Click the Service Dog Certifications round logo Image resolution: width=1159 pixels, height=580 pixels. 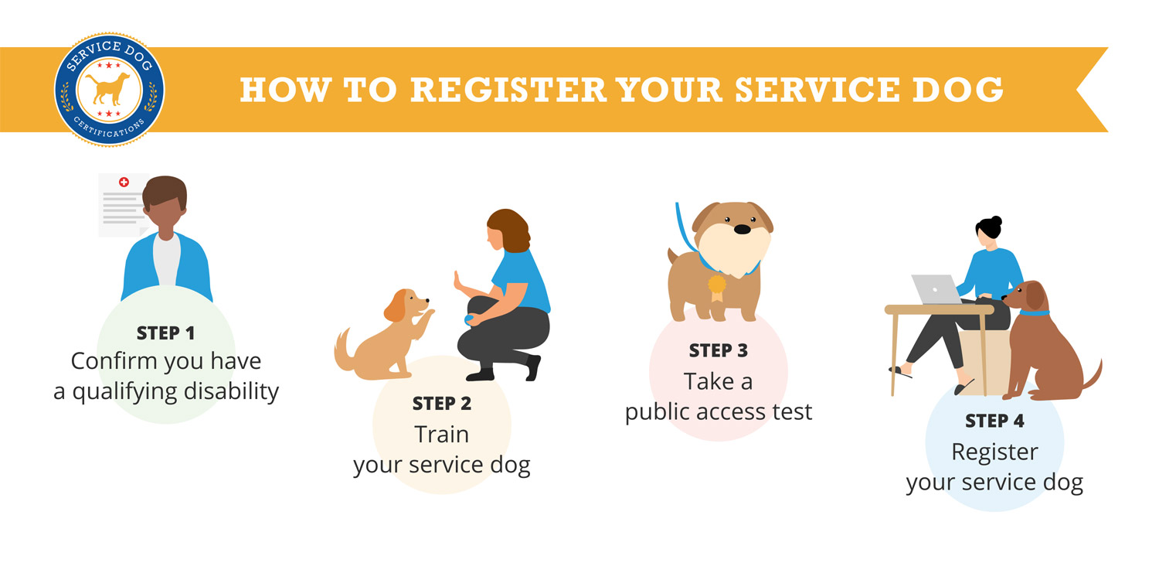[x=109, y=90]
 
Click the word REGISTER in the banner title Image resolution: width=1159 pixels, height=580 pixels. [x=508, y=90]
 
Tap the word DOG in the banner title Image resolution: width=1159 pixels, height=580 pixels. [x=957, y=90]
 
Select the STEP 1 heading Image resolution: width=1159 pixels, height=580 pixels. [x=165, y=333]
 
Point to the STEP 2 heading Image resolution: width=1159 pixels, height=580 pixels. [x=442, y=404]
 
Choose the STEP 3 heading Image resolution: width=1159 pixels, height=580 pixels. [x=718, y=350]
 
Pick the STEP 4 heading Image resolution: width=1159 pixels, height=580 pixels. [x=994, y=421]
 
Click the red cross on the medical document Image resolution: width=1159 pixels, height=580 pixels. [x=124, y=182]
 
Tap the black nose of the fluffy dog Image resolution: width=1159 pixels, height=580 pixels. [x=742, y=229]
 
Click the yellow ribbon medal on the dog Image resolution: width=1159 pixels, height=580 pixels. [x=716, y=288]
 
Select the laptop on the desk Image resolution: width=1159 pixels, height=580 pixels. [x=937, y=289]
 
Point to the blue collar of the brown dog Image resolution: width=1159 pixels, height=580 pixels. [x=1035, y=312]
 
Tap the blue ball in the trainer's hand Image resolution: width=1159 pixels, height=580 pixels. [x=469, y=319]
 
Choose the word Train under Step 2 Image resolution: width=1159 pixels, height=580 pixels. [x=442, y=434]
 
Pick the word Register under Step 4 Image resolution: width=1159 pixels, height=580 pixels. [x=994, y=452]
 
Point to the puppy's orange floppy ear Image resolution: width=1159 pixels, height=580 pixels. [x=395, y=306]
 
